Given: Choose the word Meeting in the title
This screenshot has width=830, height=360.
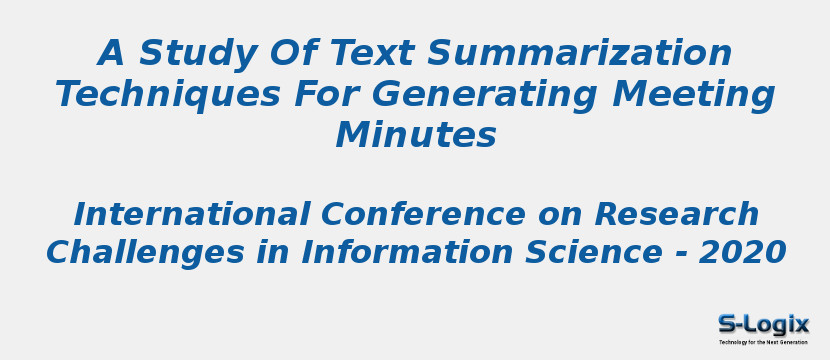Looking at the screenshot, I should pyautogui.click(x=694, y=94).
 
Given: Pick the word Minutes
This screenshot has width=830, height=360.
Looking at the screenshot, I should pyautogui.click(x=415, y=135).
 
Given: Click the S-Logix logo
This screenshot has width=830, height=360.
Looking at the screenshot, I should pyautogui.click(x=763, y=324).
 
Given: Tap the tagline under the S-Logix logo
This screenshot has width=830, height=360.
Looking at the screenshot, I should pyautogui.click(x=763, y=342).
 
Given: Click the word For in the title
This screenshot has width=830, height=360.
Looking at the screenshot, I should pyautogui.click(x=326, y=94).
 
